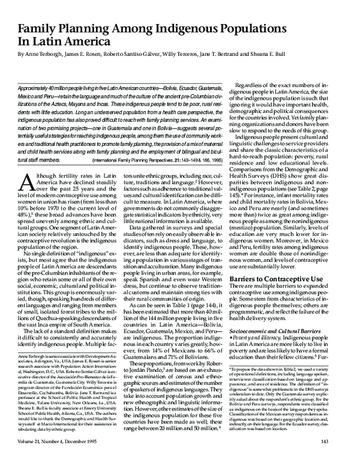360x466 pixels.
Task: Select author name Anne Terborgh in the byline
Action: tap(46, 53)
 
